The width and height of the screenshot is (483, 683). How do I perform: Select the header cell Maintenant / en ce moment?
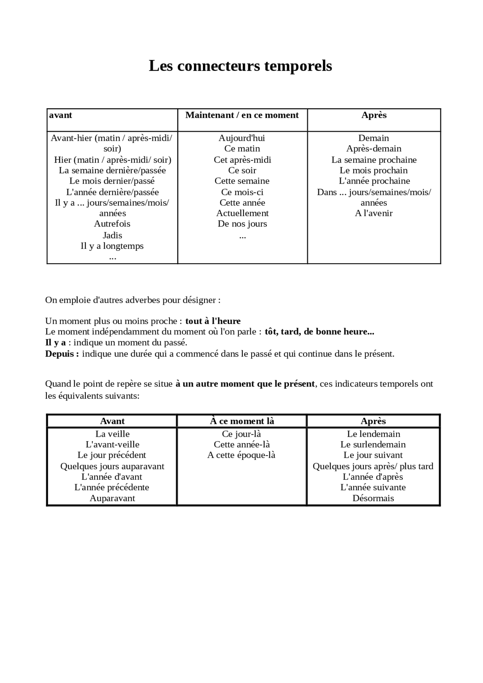pyautogui.click(x=242, y=115)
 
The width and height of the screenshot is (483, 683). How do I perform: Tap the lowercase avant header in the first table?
pyautogui.click(x=60, y=115)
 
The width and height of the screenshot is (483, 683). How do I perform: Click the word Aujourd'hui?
pyautogui.click(x=242, y=138)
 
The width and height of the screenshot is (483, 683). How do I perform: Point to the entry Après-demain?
pyautogui.click(x=374, y=149)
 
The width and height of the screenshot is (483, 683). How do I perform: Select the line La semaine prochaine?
pyautogui.click(x=374, y=160)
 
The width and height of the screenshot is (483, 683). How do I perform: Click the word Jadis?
pyautogui.click(x=112, y=235)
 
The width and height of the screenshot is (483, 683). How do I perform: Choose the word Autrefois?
pyautogui.click(x=112, y=224)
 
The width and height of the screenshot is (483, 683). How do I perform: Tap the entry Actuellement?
pyautogui.click(x=242, y=213)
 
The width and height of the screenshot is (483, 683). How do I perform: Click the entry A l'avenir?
pyautogui.click(x=374, y=213)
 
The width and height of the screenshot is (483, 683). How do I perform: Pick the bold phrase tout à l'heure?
pyautogui.click(x=213, y=321)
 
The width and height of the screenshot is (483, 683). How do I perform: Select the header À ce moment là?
pyautogui.click(x=242, y=421)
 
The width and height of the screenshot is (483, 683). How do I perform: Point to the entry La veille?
pyautogui.click(x=112, y=434)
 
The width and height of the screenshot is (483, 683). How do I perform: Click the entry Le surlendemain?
pyautogui.click(x=373, y=445)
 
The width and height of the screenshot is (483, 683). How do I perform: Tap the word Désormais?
pyautogui.click(x=373, y=498)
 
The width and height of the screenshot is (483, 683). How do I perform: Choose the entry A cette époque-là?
pyautogui.click(x=241, y=455)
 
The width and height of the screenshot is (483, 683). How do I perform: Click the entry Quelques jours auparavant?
pyautogui.click(x=112, y=466)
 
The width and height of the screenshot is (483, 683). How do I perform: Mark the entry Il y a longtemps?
pyautogui.click(x=112, y=246)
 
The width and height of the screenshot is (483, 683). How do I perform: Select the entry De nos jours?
pyautogui.click(x=242, y=224)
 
